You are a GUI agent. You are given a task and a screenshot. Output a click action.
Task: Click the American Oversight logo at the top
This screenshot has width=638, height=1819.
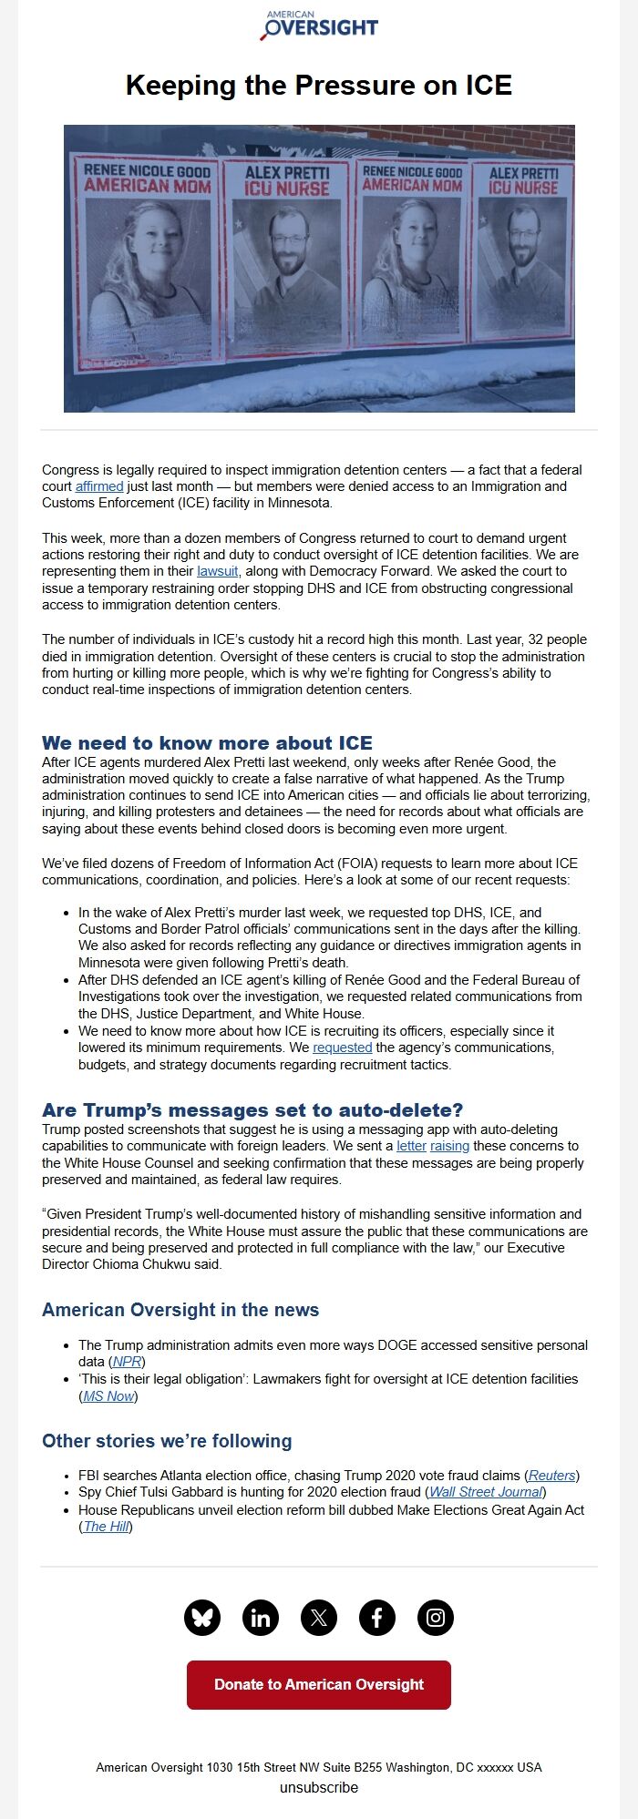(319, 26)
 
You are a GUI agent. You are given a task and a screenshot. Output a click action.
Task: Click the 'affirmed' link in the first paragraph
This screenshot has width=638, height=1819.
(98, 486)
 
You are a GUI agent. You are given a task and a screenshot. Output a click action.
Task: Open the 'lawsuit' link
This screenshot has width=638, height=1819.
(217, 571)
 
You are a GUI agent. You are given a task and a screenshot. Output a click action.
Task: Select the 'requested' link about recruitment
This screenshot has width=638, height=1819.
(342, 1047)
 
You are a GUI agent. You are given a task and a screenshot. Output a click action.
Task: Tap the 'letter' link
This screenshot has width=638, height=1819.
(411, 1146)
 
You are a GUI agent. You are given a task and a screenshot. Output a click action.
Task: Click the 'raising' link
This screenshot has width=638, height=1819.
(449, 1146)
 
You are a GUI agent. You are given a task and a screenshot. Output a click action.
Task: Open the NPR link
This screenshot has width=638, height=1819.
(128, 1362)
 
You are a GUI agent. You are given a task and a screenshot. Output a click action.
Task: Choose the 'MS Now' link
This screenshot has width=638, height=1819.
(108, 1396)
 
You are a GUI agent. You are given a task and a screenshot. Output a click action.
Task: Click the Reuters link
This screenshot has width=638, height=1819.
(552, 1475)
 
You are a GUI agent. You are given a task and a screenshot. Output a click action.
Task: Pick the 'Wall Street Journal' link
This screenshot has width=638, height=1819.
(487, 1492)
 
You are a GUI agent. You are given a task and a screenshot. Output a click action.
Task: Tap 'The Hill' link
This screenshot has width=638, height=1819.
(106, 1527)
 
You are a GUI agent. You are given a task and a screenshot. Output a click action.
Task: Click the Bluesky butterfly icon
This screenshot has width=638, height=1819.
(202, 1618)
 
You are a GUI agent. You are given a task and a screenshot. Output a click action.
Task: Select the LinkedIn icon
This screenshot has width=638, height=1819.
(261, 1618)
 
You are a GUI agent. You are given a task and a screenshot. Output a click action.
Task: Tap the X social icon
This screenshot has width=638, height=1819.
(319, 1618)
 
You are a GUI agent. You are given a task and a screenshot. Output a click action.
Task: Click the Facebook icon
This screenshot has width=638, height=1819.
(377, 1618)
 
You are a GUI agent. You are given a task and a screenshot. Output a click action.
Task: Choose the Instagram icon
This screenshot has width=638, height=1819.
(436, 1618)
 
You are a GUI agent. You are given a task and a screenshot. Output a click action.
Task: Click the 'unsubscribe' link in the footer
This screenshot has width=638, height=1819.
(319, 1787)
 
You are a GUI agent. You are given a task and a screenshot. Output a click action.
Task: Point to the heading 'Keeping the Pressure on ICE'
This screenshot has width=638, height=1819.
(319, 86)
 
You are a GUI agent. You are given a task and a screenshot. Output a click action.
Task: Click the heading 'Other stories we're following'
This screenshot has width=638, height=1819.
(167, 1441)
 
